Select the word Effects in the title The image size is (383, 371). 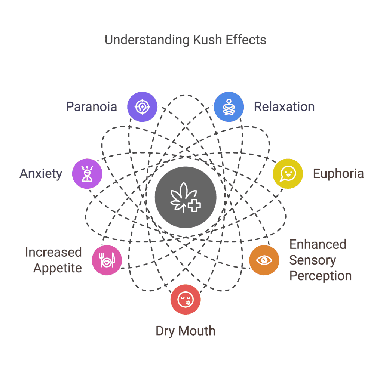coord(246,40)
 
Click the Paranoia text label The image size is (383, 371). coord(91,107)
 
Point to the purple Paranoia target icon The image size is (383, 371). coord(142,107)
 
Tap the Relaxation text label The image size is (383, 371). coord(284,107)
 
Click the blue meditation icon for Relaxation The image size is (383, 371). coord(229,107)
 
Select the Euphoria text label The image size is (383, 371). coord(338,174)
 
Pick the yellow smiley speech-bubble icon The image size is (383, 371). coord(288,174)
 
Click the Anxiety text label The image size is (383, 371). coord(41,174)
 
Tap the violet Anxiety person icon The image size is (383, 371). coord(87,174)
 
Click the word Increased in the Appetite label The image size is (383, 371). coord(53,252)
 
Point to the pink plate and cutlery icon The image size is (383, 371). coord(107,260)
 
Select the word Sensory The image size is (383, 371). coord(313,260)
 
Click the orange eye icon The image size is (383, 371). coord(264,260)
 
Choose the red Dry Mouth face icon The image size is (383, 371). coord(186,300)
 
